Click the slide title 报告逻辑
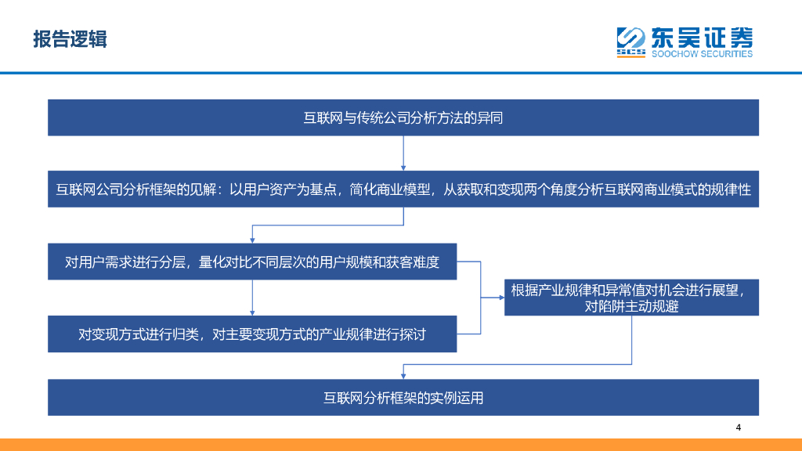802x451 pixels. click(x=70, y=38)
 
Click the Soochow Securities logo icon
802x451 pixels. click(x=630, y=42)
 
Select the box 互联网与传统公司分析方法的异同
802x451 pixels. click(x=403, y=117)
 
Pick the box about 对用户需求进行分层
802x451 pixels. click(x=252, y=262)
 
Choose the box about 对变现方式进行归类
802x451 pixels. click(x=252, y=334)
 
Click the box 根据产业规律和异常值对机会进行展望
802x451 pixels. click(x=631, y=298)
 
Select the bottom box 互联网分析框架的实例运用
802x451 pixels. click(x=403, y=397)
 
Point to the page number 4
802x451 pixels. click(x=738, y=428)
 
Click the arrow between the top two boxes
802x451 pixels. click(x=403, y=153)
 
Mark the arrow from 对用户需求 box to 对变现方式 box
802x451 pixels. click(x=252, y=298)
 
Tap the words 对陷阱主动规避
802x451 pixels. click(x=631, y=307)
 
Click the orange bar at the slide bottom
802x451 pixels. click(x=401, y=445)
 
